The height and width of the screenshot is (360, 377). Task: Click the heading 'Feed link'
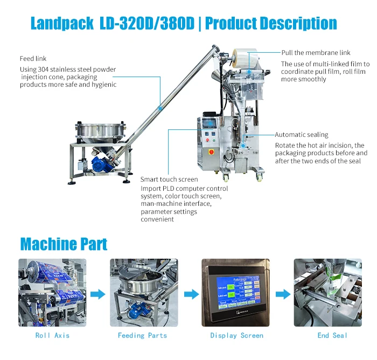coord(33,58)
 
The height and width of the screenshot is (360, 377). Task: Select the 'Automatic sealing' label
coord(301,135)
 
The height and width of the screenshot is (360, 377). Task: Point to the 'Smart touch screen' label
coord(169,179)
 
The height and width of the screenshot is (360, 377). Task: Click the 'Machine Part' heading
coord(64,244)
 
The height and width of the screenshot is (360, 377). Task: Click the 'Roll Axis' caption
coord(52,335)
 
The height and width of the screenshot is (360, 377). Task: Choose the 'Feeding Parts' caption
coord(142,335)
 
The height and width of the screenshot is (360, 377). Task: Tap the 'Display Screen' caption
coord(236,335)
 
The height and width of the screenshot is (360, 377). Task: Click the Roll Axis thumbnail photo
coord(52,293)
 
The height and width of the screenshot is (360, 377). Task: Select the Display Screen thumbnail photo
coord(235,293)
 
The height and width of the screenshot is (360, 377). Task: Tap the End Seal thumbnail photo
coord(327,293)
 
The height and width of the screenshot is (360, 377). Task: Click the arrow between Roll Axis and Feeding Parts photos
coord(97,294)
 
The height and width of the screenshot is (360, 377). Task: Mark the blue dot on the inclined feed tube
coord(160,108)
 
